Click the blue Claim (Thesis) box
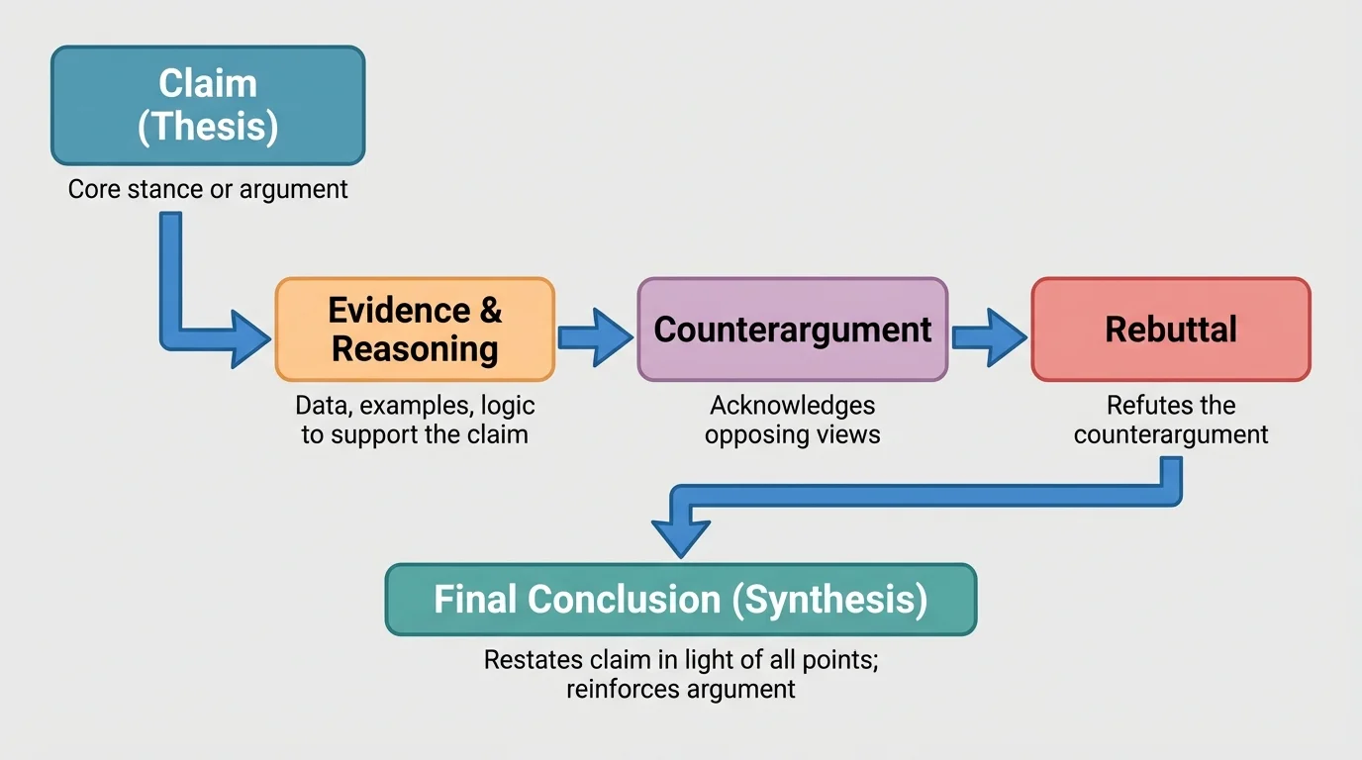pyautogui.click(x=208, y=105)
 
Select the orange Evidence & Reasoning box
pyautogui.click(x=415, y=330)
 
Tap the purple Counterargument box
pyautogui.click(x=792, y=330)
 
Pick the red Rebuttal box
pyautogui.click(x=1170, y=330)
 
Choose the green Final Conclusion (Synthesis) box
pyautogui.click(x=680, y=600)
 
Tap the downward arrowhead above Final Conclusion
pyautogui.click(x=681, y=536)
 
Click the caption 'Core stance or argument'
pyautogui.click(x=208, y=189)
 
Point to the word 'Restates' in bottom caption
pyautogui.click(x=524, y=660)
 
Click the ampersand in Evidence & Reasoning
pyautogui.click(x=490, y=311)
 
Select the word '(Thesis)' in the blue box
pyautogui.click(x=208, y=128)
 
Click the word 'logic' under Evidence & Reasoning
pyautogui.click(x=508, y=406)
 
